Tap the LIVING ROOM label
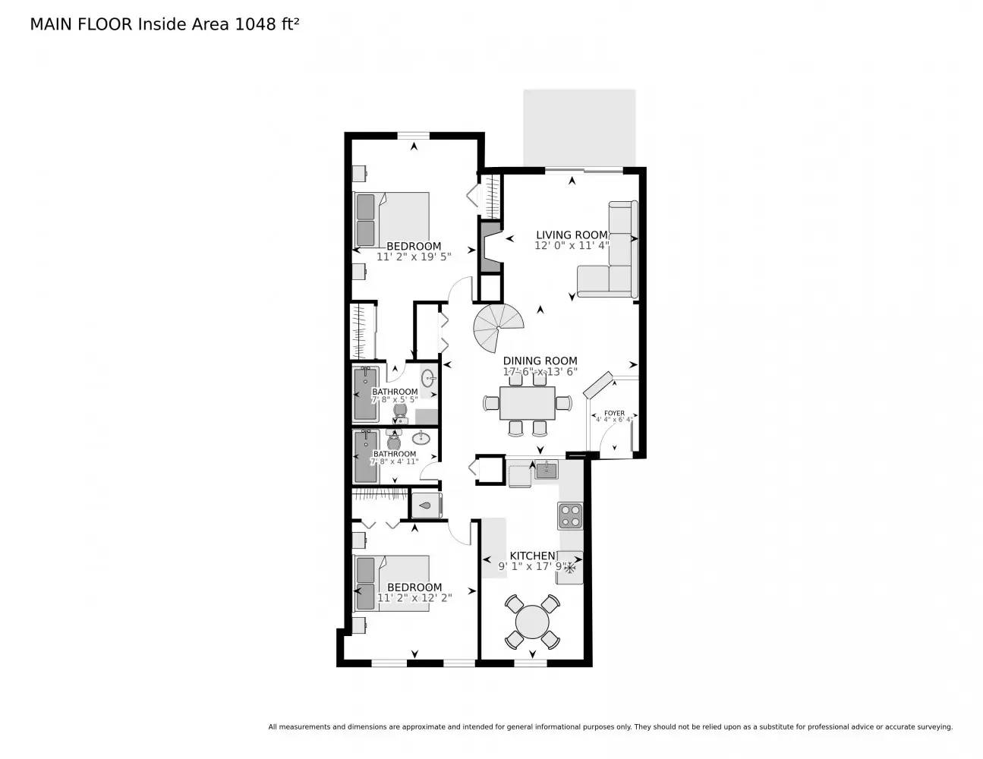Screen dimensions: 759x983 tap(572, 235)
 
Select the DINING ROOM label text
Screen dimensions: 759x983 tap(540, 361)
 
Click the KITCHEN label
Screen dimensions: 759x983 tap(532, 556)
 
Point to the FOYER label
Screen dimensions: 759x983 tap(614, 414)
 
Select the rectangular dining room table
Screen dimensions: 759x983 tap(528, 402)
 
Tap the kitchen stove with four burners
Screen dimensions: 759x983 tap(570, 516)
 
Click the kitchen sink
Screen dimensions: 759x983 tap(546, 471)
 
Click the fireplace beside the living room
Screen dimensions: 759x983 tap(489, 247)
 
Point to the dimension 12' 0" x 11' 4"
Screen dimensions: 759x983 tap(572, 245)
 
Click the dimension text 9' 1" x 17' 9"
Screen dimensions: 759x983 tap(532, 566)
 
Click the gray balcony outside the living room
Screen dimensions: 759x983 tap(579, 128)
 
